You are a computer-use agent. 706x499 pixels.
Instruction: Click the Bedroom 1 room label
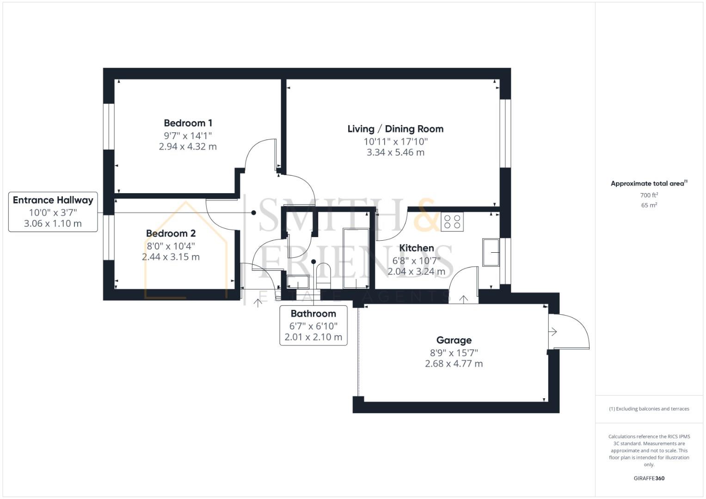[188, 123]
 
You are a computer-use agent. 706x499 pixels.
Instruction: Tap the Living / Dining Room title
[395, 129]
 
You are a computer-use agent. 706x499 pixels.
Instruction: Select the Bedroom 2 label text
[171, 233]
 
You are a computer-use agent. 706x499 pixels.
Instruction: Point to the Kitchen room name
[416, 248]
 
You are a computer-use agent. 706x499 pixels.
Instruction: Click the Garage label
[454, 340]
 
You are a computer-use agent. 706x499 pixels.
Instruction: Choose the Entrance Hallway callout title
[53, 200]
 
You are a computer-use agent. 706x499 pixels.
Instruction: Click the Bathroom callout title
[313, 314]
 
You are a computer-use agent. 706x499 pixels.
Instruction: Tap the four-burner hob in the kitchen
[452, 222]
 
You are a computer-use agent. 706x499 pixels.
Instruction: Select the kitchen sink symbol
[491, 252]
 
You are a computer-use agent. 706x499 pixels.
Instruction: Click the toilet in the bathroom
[324, 274]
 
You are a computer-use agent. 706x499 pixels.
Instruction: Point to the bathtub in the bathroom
[356, 259]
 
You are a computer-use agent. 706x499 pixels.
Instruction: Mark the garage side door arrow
[553, 332]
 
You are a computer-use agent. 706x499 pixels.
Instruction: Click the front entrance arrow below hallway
[258, 303]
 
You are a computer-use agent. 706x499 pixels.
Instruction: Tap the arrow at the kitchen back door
[463, 299]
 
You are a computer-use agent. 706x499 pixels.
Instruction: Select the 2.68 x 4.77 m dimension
[454, 364]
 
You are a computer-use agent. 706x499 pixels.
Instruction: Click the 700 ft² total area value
[649, 195]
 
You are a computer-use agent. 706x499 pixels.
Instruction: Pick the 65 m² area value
[649, 206]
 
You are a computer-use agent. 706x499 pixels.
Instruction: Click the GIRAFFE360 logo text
[649, 478]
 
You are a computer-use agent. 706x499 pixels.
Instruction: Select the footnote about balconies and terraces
[649, 409]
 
